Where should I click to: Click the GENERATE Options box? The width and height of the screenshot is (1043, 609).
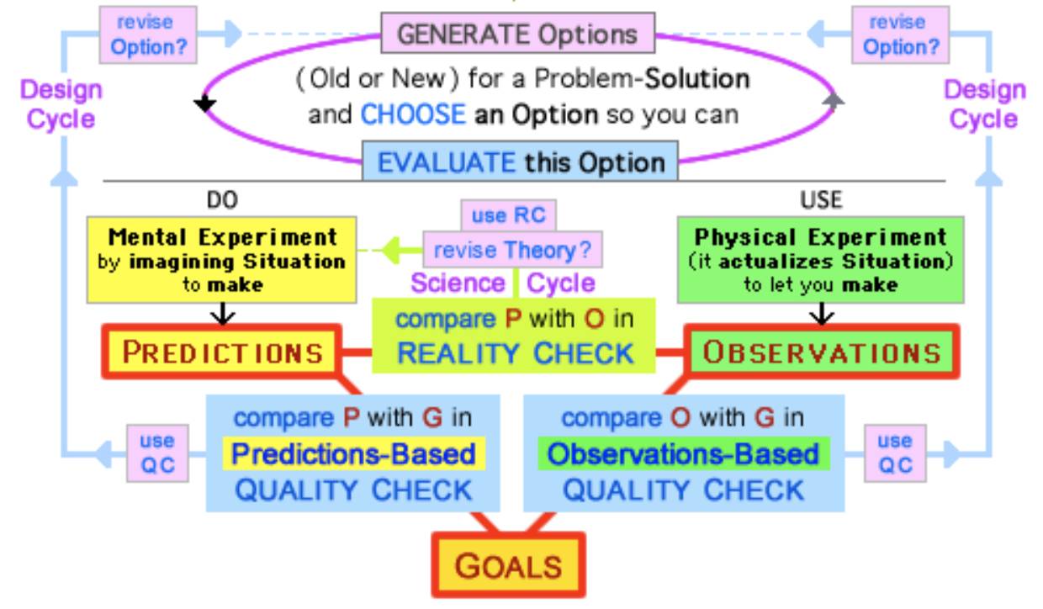coord(518,33)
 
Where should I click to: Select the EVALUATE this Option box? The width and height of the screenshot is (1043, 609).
coord(520,162)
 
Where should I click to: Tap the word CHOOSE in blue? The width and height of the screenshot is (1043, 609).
coord(413,114)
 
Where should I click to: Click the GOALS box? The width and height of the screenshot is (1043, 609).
coord(508,565)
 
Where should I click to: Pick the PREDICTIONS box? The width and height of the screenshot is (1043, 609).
coord(222,352)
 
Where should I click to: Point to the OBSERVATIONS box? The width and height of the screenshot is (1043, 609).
coord(822,352)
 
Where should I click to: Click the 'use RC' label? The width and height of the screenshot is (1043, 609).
coord(508,215)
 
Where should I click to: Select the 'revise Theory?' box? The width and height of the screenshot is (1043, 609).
coord(512,250)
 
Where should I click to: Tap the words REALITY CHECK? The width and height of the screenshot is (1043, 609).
coord(515,353)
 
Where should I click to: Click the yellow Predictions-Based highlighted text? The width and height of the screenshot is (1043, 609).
coord(354,453)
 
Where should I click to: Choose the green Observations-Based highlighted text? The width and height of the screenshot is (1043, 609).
coord(683,453)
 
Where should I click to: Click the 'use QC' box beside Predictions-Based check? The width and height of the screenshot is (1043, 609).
coord(158,453)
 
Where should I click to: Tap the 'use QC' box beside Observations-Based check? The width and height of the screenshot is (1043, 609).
coord(895,453)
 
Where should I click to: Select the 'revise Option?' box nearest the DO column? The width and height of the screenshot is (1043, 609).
coord(148,35)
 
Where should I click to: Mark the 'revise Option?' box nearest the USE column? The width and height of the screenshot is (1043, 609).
coord(901,35)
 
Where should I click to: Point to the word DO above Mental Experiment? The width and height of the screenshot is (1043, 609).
coord(222,199)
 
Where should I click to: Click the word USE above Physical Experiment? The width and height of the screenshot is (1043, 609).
coord(821,199)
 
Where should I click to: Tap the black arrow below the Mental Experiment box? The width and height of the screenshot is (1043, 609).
coord(223,314)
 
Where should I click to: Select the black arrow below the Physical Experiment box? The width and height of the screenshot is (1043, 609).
coord(821,314)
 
